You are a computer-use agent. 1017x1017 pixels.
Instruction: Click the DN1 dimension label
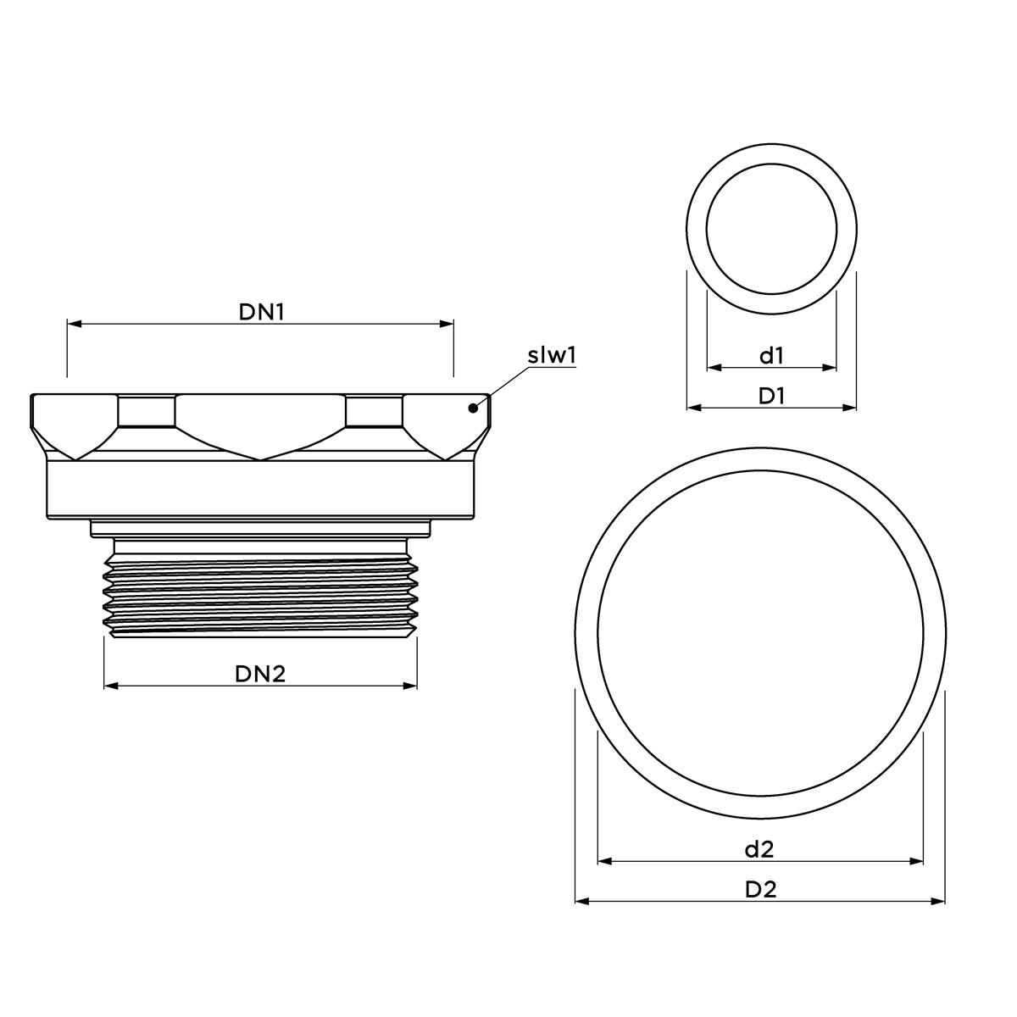260,312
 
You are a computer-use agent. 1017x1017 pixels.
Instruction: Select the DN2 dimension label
260,674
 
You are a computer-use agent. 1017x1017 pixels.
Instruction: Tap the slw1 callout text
552,355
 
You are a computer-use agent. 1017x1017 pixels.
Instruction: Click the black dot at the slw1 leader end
473,408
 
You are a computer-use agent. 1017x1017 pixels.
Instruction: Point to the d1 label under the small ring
771,356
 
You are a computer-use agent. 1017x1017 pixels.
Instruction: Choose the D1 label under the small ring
771,396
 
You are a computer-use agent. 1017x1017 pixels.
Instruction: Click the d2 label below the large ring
759,848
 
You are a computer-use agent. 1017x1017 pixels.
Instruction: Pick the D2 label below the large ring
760,889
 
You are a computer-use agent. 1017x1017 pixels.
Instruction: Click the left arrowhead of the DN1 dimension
73,324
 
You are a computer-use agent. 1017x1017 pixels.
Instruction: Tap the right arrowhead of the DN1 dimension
447,324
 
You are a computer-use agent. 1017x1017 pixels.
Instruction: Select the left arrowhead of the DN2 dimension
109,686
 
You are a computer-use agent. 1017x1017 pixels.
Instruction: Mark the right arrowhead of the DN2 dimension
411,686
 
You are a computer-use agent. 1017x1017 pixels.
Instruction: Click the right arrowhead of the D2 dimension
940,901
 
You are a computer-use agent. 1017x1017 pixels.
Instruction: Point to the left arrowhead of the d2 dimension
603,861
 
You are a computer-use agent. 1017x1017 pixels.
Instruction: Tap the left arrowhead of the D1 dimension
692,408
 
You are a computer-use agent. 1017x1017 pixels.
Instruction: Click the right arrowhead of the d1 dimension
831,368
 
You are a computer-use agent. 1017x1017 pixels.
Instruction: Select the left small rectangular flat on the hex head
147,412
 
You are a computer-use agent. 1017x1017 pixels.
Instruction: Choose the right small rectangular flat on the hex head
374,412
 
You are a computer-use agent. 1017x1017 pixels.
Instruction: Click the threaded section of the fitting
260,588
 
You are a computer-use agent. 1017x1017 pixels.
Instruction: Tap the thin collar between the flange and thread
260,529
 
